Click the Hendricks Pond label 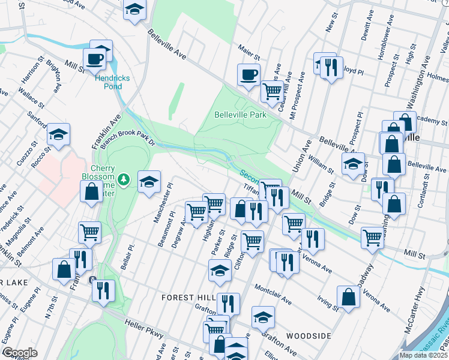click(x=109, y=82)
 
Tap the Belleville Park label click(x=240, y=114)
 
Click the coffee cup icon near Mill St click(x=94, y=59)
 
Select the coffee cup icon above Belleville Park click(x=249, y=75)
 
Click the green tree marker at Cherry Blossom click(x=124, y=179)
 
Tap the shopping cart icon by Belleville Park click(x=272, y=91)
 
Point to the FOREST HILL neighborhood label click(x=186, y=298)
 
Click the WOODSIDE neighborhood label click(x=309, y=336)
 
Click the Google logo click(x=20, y=353)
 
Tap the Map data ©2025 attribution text click(x=424, y=355)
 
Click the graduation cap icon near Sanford click(x=58, y=134)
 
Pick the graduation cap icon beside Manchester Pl click(x=149, y=181)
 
